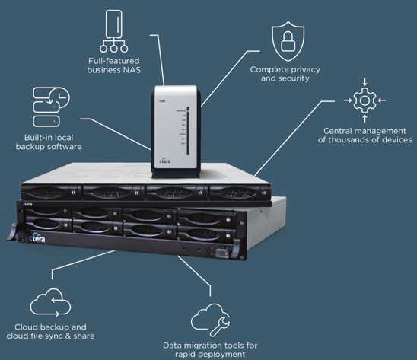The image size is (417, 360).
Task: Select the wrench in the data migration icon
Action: coord(219,327)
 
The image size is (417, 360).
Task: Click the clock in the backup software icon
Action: coord(61,97)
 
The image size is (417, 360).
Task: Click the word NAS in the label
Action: coord(132,70)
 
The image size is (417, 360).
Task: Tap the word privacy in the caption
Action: coord(305,70)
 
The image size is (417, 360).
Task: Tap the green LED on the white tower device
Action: coord(188,110)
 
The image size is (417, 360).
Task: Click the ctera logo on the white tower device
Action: coord(164,161)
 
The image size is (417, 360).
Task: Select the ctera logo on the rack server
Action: coord(37,238)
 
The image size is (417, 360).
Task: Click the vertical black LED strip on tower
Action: coord(188,131)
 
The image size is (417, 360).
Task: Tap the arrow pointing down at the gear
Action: coord(365,81)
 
